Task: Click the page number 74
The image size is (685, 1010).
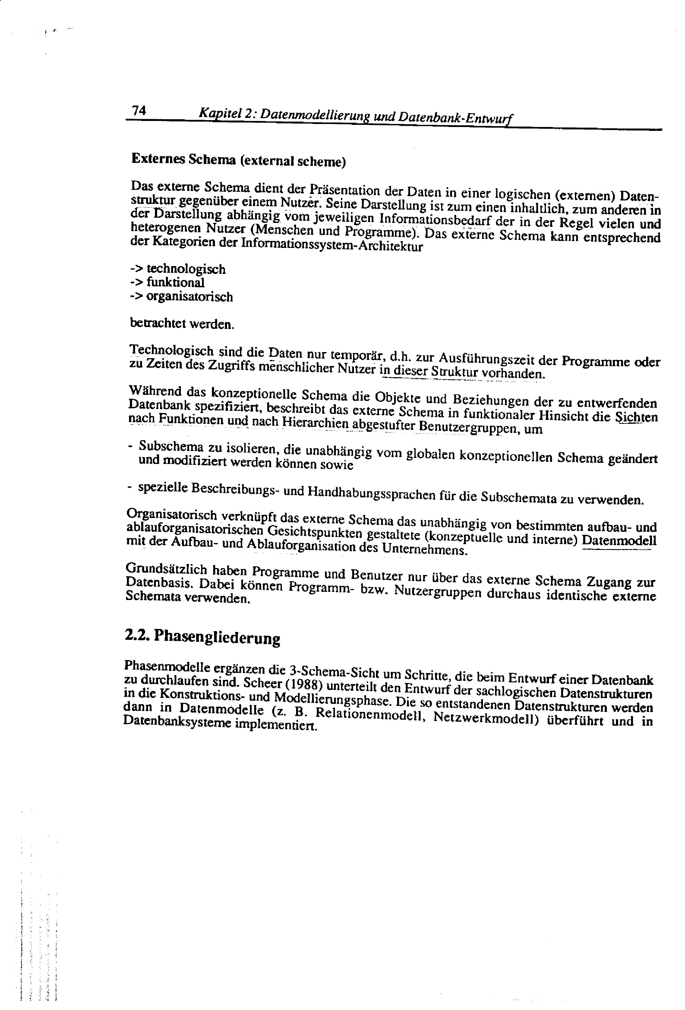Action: [139, 111]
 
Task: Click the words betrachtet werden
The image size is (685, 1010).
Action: [182, 324]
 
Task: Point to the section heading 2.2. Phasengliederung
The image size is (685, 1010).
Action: [202, 637]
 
